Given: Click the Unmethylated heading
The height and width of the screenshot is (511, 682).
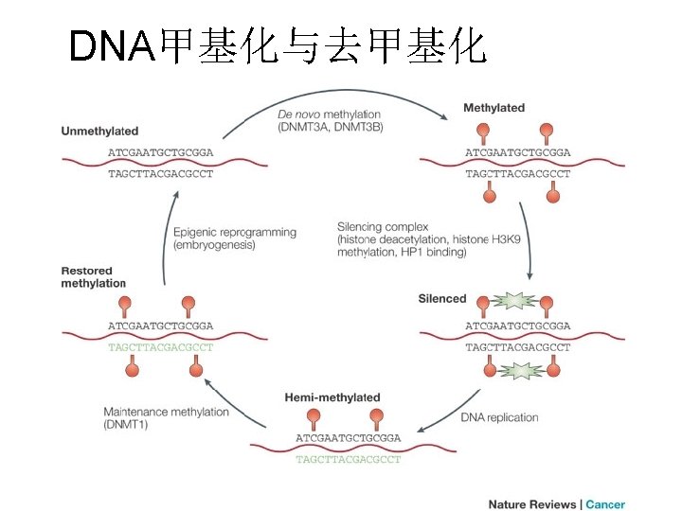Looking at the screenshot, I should tap(99, 131).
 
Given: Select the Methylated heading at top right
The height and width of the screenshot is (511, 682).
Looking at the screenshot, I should tap(494, 108).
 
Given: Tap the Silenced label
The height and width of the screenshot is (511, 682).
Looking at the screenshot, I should tap(442, 299).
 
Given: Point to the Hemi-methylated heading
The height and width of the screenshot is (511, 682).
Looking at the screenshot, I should tap(332, 397).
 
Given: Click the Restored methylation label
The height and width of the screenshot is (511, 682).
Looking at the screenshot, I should tap(93, 277).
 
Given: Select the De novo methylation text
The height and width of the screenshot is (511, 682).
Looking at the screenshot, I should tap(332, 115).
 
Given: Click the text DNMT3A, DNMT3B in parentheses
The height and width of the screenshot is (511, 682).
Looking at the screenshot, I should tap(332, 127).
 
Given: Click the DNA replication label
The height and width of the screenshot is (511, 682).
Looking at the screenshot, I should tap(499, 417).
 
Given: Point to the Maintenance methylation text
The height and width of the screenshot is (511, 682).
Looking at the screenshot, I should tap(166, 412).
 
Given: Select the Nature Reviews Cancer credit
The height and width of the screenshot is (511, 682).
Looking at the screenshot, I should tap(556, 504).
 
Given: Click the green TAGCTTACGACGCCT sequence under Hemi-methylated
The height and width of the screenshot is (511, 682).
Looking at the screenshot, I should tap(348, 460).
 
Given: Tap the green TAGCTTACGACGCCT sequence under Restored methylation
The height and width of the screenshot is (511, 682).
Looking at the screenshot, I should tap(160, 347).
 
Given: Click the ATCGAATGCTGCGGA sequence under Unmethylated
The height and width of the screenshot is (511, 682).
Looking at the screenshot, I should tap(160, 151).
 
